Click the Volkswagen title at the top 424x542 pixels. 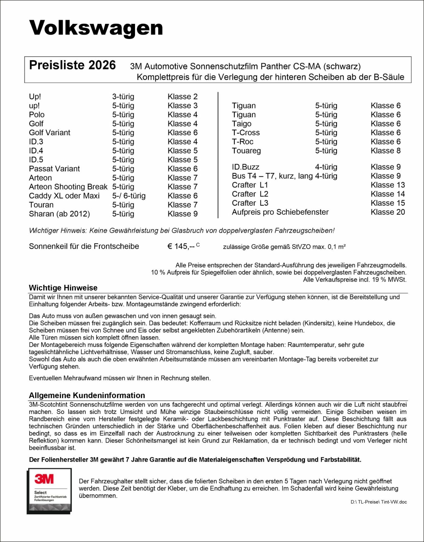pos(96,28)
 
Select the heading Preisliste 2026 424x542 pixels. pos(72,65)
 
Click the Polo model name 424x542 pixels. pos(37,115)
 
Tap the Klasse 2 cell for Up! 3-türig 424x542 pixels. pos(183,97)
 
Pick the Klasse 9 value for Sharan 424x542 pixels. pos(183,214)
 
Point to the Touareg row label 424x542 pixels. pos(246,151)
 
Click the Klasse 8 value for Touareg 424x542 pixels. pos(386,151)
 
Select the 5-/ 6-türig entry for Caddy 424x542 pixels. pos(129,196)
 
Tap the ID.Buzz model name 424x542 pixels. pos(245,167)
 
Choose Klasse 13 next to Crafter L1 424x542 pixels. pos(388,185)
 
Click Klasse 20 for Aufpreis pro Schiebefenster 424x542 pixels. pos(388,212)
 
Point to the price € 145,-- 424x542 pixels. pos(181,247)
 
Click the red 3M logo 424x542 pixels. pos(44,479)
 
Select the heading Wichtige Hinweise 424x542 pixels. pos(63,288)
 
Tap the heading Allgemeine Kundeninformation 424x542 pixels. pos(87,396)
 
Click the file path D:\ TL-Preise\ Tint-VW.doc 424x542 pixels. pos(379,502)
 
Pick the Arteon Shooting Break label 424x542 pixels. pos(68,187)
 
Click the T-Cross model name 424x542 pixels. pos(246,133)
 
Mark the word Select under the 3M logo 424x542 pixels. pos(40,493)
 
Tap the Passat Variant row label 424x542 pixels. pos(54,169)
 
